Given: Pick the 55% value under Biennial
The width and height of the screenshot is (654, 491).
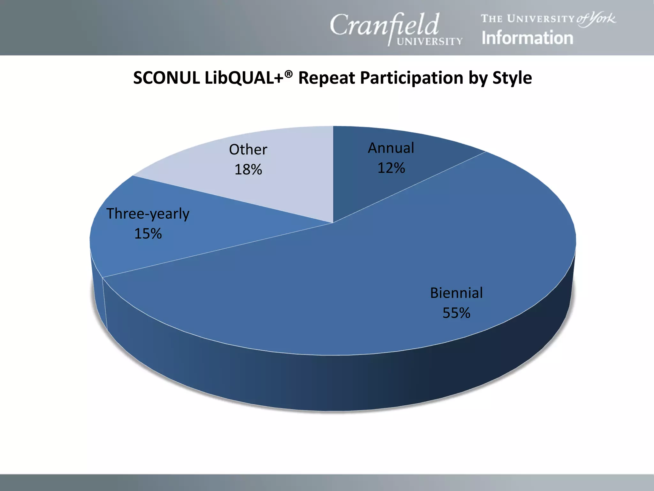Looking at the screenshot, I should click(456, 313).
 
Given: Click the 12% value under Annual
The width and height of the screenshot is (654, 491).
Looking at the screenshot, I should click(391, 168).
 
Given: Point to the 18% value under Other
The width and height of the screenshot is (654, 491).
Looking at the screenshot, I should click(248, 170).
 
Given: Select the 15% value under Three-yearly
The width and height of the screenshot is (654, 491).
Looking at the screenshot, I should click(148, 234).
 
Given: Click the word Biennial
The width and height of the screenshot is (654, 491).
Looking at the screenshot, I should click(456, 293).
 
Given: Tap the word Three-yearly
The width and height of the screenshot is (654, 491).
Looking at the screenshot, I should click(148, 214).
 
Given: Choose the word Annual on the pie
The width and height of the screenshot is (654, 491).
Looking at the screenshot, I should click(391, 148).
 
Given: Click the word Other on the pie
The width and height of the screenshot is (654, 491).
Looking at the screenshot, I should click(248, 150).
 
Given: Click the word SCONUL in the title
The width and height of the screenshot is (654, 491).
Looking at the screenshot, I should click(166, 78).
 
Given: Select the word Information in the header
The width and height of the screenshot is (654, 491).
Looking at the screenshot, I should click(527, 38).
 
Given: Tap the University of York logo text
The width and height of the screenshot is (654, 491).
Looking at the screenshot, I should click(548, 19).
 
